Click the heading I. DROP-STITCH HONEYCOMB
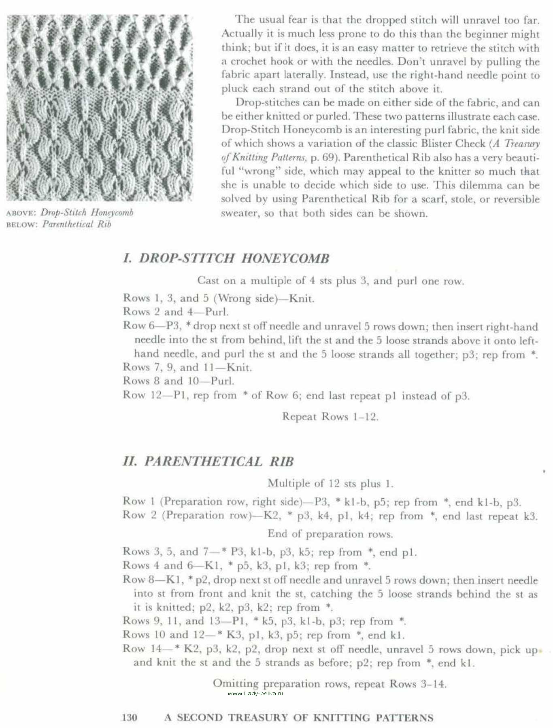point(226,258)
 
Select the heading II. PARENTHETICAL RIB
point(208,461)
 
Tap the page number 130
point(130,717)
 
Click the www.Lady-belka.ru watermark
point(255,693)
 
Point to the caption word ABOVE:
point(22,213)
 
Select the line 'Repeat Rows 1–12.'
point(330,417)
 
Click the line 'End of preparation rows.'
point(330,534)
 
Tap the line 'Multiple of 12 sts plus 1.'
point(330,483)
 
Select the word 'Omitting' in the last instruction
point(236,684)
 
